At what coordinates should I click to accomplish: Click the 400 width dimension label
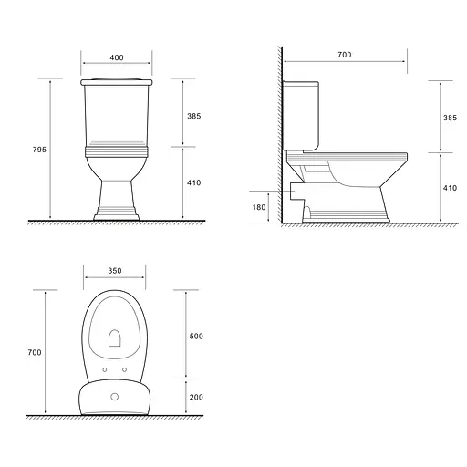pyautogui.click(x=117, y=57)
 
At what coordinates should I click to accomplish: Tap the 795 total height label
pyautogui.click(x=39, y=150)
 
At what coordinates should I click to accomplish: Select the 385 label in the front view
pyautogui.click(x=194, y=116)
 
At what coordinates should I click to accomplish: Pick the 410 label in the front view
pyautogui.click(x=194, y=182)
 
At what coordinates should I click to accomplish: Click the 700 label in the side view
pyautogui.click(x=345, y=55)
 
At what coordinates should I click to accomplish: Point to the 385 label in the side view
pyautogui.click(x=450, y=118)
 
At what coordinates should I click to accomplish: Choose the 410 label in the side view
pyautogui.click(x=450, y=188)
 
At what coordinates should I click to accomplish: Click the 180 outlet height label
pyautogui.click(x=259, y=207)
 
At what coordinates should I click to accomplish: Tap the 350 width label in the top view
pyautogui.click(x=115, y=271)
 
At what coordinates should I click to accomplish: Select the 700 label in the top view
pyautogui.click(x=35, y=352)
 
